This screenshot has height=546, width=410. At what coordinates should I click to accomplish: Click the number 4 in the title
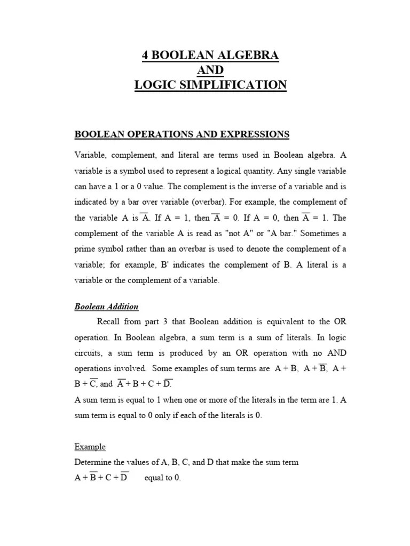click(145, 55)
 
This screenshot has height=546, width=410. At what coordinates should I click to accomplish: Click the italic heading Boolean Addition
click(106, 307)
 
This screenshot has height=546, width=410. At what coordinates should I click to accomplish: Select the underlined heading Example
click(90, 447)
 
